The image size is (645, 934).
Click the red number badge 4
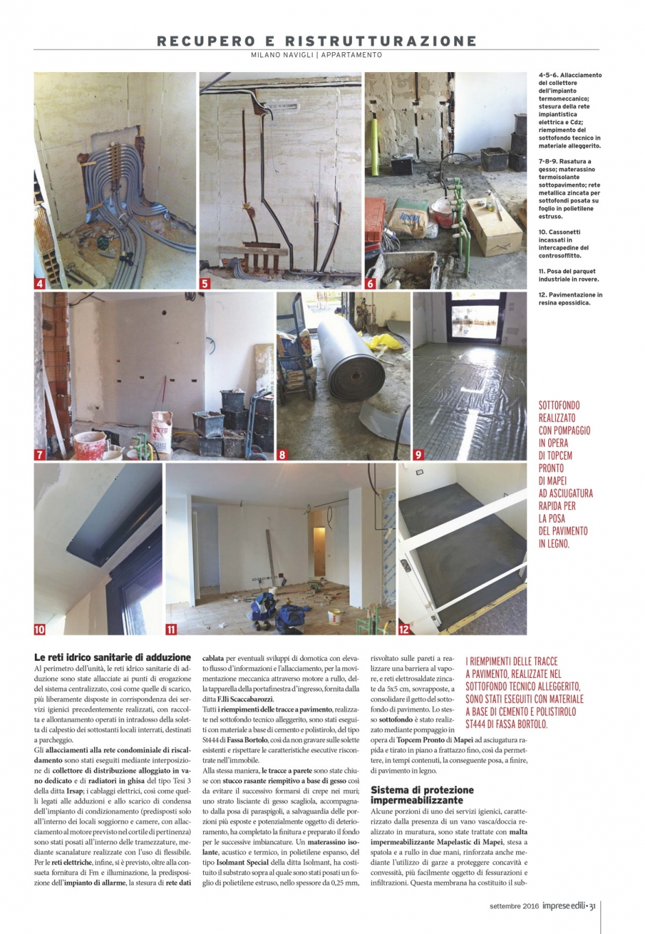[40, 283]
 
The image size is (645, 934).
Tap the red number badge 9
[419, 454]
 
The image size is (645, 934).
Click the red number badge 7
[40, 454]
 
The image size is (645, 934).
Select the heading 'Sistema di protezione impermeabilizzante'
[422, 795]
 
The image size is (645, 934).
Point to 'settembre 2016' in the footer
[515, 906]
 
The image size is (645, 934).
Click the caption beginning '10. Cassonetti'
[565, 244]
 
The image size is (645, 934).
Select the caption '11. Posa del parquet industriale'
[569, 275]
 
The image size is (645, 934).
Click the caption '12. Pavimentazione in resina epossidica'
[570, 299]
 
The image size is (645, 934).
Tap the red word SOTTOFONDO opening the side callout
[557, 405]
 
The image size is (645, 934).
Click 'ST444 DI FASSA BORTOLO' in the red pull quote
[507, 724]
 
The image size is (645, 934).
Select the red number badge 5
[205, 283]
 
